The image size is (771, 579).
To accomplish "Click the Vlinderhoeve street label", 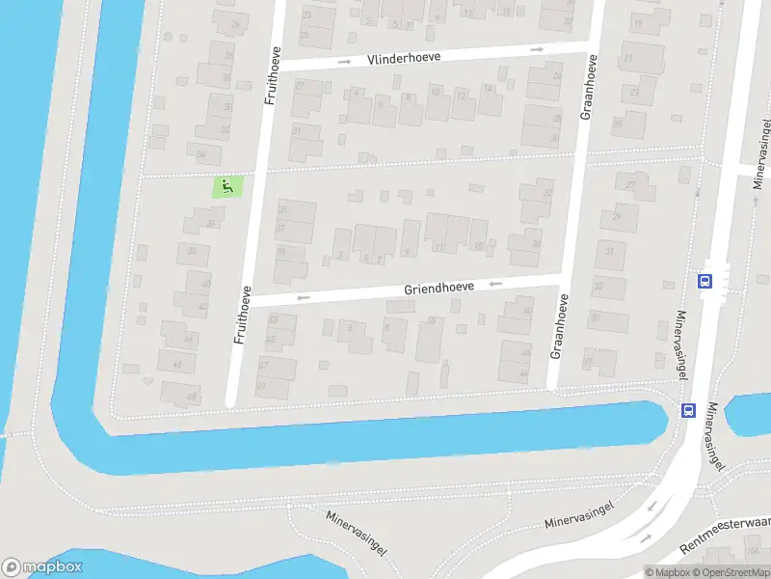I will pyautogui.click(x=404, y=58).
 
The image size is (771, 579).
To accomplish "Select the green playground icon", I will pyautogui.click(x=227, y=186).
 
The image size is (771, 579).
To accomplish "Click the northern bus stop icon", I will pyautogui.click(x=705, y=282).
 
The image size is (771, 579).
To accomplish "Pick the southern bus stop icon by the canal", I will pyautogui.click(x=688, y=409).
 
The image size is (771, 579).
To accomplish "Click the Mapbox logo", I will pyautogui.click(x=42, y=567).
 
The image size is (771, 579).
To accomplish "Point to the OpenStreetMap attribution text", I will pyautogui.click(x=731, y=571).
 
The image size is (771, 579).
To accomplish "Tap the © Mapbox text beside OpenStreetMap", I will pyautogui.click(x=667, y=571).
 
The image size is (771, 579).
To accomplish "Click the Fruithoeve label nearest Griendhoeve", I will pyautogui.click(x=246, y=315).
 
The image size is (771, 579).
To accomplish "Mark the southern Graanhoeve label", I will pyautogui.click(x=557, y=327).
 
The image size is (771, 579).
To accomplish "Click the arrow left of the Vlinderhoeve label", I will pyautogui.click(x=344, y=62).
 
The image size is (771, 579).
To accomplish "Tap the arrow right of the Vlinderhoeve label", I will pyautogui.click(x=537, y=49).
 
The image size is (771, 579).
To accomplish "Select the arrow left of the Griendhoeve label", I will pyautogui.click(x=304, y=297).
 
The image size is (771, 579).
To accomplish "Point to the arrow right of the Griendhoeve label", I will pyautogui.click(x=495, y=284).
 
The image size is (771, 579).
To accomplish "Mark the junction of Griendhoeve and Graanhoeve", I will pyautogui.click(x=562, y=280).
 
